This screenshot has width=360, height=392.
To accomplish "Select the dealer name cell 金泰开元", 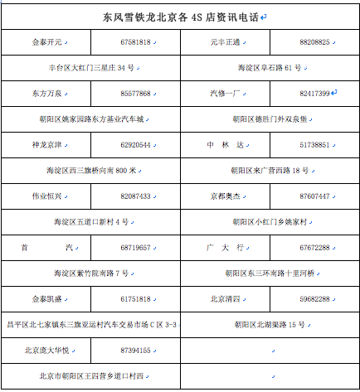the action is click(x=46, y=41).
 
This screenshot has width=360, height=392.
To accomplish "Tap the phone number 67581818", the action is click(x=135, y=41).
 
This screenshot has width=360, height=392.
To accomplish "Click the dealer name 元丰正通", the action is click(x=226, y=41).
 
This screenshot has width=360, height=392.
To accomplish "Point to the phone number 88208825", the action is click(x=314, y=41).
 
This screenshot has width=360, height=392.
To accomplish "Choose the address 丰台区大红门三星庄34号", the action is click(x=90, y=67).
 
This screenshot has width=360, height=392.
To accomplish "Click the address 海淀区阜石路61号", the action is click(x=270, y=67).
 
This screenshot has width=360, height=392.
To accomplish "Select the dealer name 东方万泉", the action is click(x=46, y=94).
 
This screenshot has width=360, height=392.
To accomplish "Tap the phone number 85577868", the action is click(x=135, y=94).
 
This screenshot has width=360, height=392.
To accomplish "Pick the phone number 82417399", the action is click(x=314, y=94).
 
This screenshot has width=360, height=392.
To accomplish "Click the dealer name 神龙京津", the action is click(x=46, y=145).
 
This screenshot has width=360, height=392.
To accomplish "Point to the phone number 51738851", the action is click(x=314, y=145).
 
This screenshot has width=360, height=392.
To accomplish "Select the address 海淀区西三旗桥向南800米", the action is click(x=90, y=171).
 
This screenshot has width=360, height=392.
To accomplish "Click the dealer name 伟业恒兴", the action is click(x=46, y=196).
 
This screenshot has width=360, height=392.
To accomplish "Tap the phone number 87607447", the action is click(x=314, y=196).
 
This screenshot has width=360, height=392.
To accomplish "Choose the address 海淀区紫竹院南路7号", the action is click(x=90, y=273).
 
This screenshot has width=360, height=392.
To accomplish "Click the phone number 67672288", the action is click(x=314, y=248).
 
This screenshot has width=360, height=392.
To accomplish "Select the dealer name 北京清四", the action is click(x=226, y=299).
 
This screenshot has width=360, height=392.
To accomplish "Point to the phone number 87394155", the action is click(x=135, y=351).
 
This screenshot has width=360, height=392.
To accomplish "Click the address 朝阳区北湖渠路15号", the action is click(x=270, y=325).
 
